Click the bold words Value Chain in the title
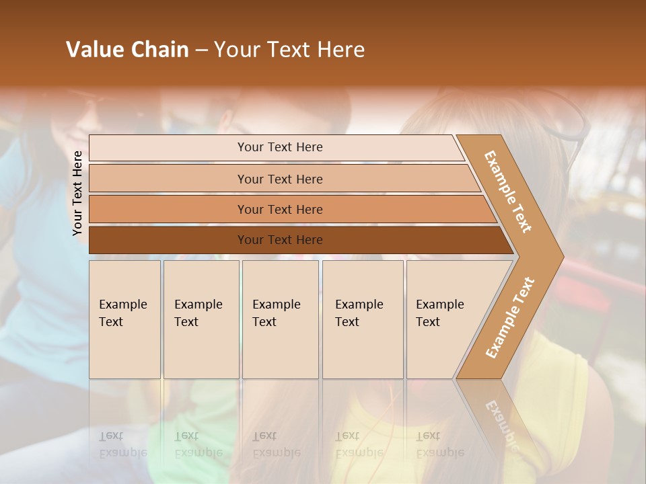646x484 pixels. [x=127, y=50]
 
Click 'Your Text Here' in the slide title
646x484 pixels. [x=289, y=50]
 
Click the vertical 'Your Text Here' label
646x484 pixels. [x=77, y=193]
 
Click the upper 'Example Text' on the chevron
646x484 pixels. [x=508, y=192]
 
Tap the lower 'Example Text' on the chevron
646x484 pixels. [x=509, y=318]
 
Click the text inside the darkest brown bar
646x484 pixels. [x=280, y=240]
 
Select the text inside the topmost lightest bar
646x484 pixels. [x=280, y=147]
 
